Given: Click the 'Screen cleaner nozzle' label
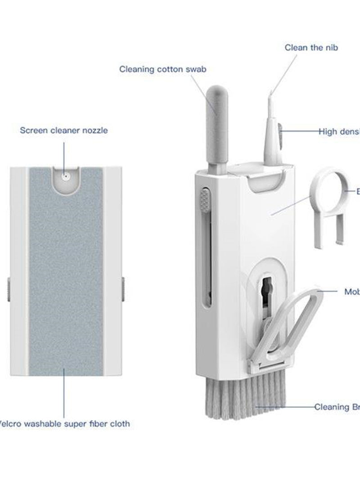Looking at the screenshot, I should (x=63, y=130).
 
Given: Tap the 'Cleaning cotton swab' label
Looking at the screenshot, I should (x=163, y=69).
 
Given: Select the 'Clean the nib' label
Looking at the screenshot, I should (x=310, y=47).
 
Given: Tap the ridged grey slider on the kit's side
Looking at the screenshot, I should (x=205, y=201).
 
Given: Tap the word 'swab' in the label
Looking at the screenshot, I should (x=197, y=69).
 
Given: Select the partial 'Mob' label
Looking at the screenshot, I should (x=351, y=292).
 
